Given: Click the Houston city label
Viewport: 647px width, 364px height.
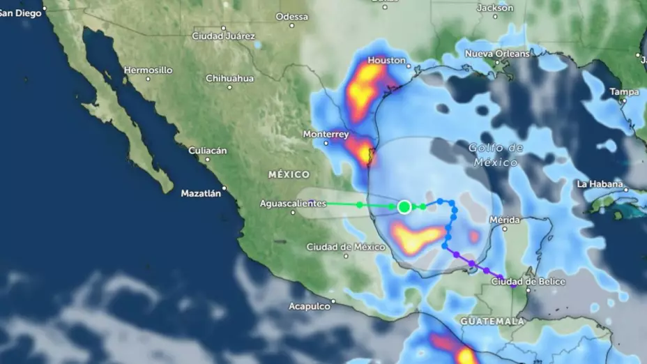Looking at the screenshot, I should (386, 61).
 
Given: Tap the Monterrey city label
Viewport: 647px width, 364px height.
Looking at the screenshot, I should (326, 134).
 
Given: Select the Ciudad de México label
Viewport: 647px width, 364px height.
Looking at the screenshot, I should (346, 247).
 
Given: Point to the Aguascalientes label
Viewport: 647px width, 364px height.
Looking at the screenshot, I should (292, 203).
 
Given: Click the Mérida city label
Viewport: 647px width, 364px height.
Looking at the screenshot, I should (504, 220).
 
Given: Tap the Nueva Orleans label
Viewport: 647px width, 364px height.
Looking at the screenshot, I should (497, 54).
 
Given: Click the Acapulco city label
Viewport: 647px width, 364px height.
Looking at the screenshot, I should (310, 306).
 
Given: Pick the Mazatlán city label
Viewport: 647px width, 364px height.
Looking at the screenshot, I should (201, 193).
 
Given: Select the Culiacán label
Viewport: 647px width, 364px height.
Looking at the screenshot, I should (208, 151).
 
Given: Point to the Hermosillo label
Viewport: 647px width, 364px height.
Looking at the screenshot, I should (148, 70).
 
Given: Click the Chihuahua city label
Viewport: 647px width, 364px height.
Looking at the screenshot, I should (229, 78).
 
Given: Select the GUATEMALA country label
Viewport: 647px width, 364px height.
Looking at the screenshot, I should (492, 321).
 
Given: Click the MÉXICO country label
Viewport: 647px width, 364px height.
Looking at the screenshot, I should (289, 174).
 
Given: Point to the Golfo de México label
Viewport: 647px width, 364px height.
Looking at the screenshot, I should (495, 155).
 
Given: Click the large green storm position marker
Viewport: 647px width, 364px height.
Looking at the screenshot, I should (404, 206).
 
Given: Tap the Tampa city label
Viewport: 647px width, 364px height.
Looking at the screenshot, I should (624, 92).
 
